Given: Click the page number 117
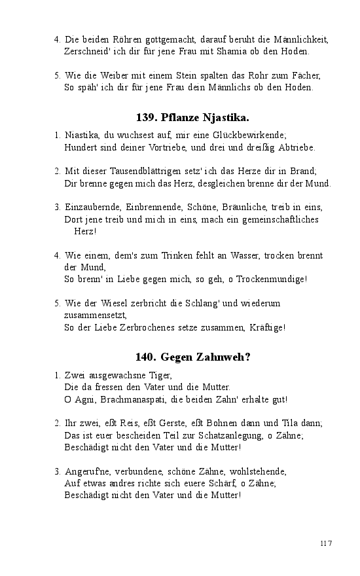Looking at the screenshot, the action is [x=326, y=543].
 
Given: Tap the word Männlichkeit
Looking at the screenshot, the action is [x=298, y=39].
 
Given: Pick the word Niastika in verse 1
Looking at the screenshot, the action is [x=84, y=135].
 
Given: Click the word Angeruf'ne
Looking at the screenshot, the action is [x=88, y=471].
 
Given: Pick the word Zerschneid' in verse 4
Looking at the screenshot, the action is [x=90, y=50].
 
